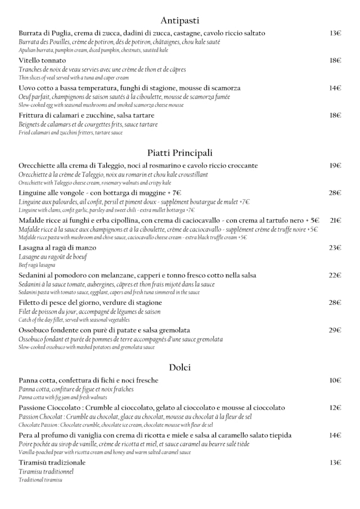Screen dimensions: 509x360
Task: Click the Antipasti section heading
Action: click(x=179, y=21)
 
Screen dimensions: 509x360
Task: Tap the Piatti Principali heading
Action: click(x=179, y=153)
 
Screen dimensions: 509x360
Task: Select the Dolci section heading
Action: click(x=179, y=368)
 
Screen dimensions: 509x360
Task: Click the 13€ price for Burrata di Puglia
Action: click(x=335, y=33)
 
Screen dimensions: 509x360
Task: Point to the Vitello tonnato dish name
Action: click(x=42, y=61)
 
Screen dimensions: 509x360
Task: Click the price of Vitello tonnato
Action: click(x=335, y=61)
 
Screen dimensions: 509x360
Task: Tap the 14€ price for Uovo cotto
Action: click(x=335, y=88)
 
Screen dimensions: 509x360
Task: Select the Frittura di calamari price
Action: click(x=335, y=115)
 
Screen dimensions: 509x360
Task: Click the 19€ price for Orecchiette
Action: click(x=335, y=166)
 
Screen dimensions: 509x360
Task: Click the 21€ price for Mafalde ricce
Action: click(x=335, y=220)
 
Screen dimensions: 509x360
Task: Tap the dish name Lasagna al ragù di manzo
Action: click(x=57, y=248)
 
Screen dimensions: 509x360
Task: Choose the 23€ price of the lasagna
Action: click(x=335, y=248)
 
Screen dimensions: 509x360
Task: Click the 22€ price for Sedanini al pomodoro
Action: click(x=335, y=276)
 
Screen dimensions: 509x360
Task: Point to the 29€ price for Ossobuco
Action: click(x=335, y=330)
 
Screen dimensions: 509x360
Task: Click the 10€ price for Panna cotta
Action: click(x=335, y=381)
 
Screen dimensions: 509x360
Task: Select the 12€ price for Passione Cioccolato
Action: click(x=335, y=408)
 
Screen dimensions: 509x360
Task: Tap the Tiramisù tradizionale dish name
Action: click(x=52, y=463)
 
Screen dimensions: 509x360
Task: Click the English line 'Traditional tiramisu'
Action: click(x=40, y=480)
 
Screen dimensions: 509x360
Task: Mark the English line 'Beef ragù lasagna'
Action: click(x=37, y=265)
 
